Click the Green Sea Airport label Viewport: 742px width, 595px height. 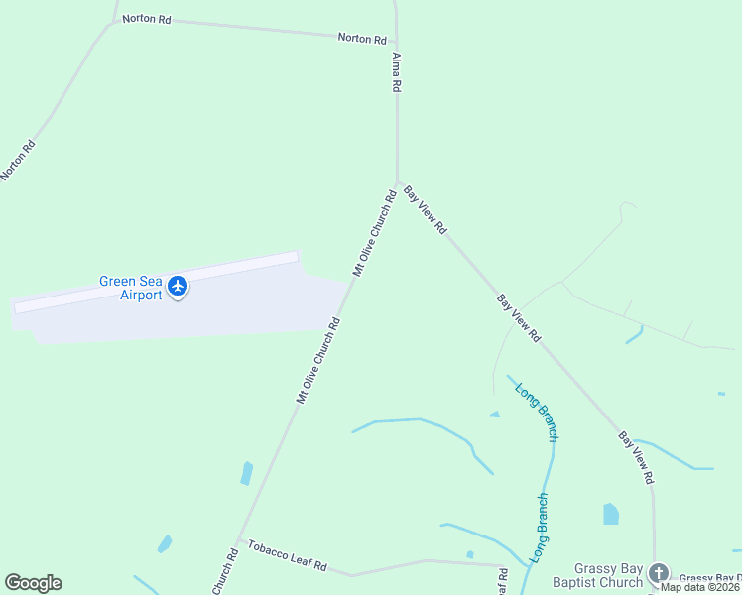coord(129,288)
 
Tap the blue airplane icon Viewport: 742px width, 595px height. coord(178,287)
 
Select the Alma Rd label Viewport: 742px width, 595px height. coord(396,72)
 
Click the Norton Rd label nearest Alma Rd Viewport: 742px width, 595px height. coord(361,39)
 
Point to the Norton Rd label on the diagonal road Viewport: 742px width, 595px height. coord(19,159)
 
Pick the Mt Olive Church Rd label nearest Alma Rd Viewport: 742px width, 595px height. coord(374,234)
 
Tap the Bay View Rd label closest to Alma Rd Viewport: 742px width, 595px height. coord(426,209)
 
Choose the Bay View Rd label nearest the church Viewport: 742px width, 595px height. coord(636,457)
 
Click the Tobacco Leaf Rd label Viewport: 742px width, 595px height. coord(287,556)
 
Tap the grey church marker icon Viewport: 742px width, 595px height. coord(659,573)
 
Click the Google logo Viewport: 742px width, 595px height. coord(33,583)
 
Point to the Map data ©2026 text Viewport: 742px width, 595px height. coord(700,586)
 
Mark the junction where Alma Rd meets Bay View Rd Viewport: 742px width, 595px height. coord(398,183)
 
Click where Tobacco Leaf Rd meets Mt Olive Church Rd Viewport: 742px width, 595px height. coord(237,541)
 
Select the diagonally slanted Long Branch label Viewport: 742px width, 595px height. coord(537,411)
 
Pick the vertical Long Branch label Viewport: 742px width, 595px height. coord(541,529)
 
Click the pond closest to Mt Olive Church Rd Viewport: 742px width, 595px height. coord(246,473)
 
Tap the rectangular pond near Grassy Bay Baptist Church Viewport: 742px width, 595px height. coord(610,513)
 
